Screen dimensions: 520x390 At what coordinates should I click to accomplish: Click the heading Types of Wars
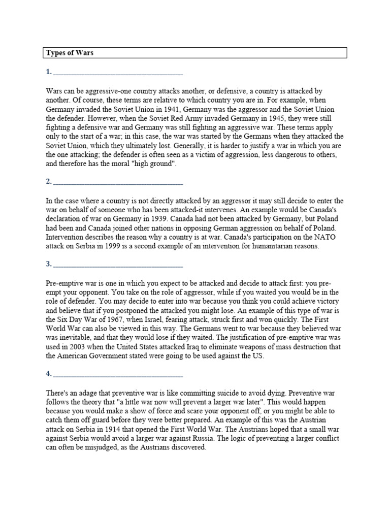point(70,53)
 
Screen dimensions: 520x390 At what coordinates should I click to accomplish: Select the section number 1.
point(48,72)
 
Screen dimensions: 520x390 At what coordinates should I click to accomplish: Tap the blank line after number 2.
point(117,182)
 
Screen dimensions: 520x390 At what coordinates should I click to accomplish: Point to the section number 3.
point(48,264)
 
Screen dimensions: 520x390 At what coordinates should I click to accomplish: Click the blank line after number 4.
point(117,374)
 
